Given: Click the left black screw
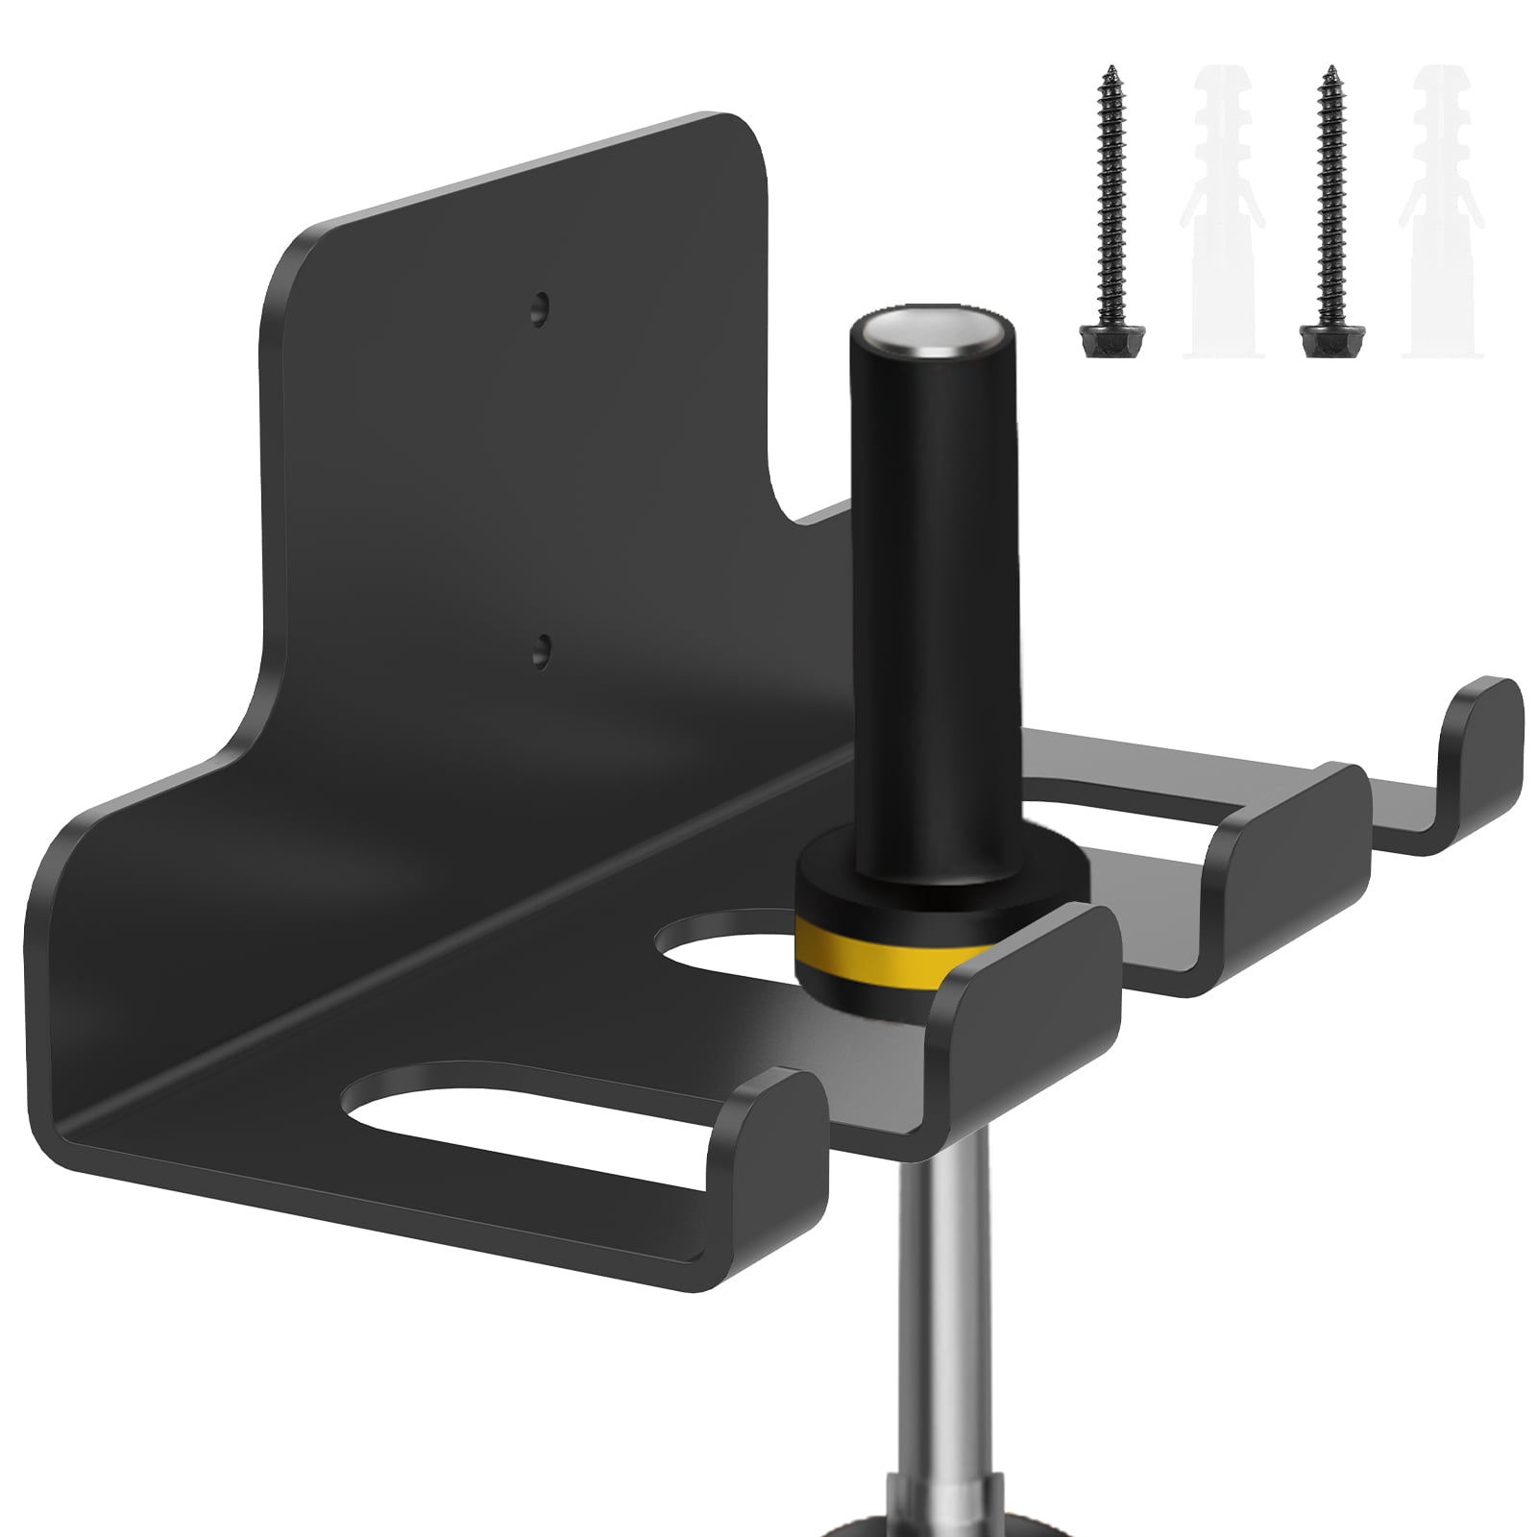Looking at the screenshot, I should coord(1106,211).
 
